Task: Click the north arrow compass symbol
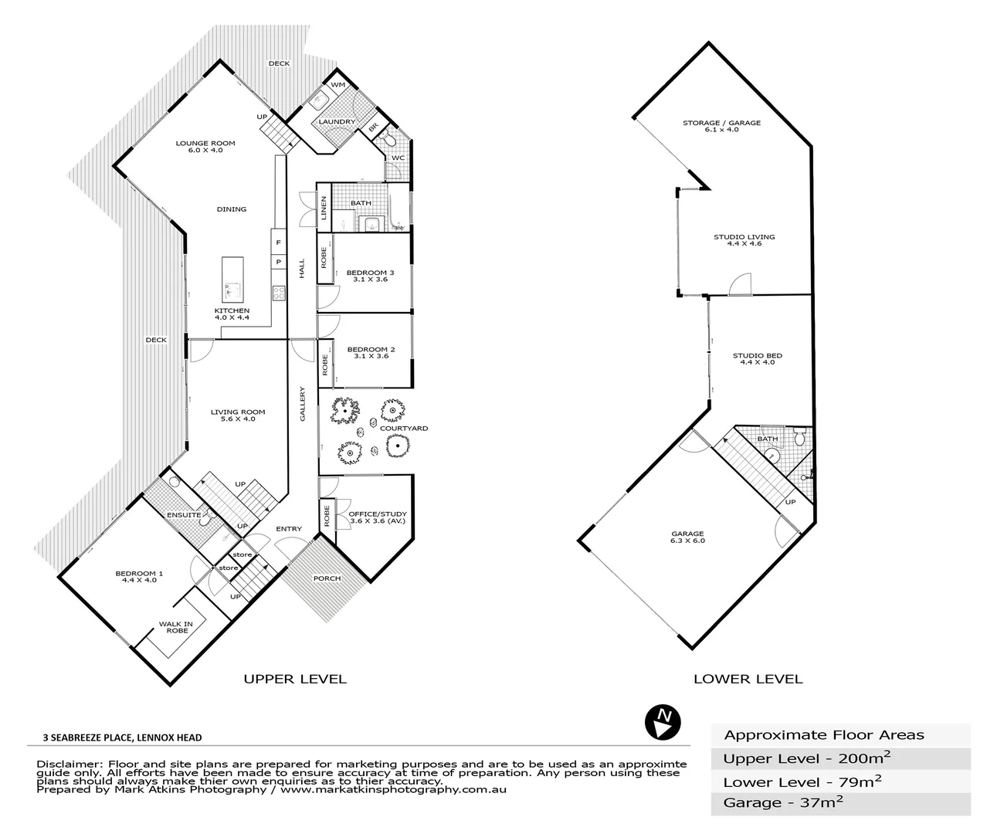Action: point(663,721)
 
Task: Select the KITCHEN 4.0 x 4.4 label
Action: point(232,314)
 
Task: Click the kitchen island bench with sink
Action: point(232,280)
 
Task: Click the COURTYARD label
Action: point(403,428)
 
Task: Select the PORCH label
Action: point(327,578)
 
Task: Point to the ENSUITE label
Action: point(184,514)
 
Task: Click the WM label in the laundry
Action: point(337,85)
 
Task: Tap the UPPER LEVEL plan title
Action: point(295,680)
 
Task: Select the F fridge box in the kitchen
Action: point(278,242)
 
